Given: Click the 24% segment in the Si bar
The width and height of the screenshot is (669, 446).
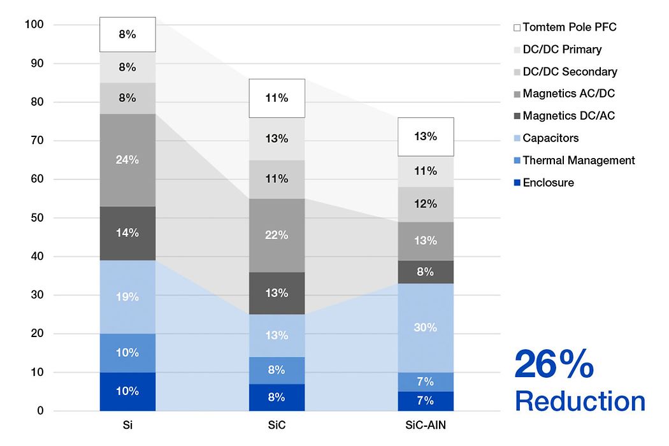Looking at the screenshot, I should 127,160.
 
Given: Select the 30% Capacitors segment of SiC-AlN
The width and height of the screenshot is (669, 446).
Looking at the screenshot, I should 425,327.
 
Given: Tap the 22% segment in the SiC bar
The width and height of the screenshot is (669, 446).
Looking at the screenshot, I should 277,235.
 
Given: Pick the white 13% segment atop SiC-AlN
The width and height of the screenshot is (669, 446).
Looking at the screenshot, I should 425,136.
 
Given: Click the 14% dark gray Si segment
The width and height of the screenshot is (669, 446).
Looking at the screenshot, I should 127,233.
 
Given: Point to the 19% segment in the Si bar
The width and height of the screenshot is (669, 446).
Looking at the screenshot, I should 127,296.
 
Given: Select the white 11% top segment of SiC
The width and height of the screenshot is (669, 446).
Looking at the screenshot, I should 277,98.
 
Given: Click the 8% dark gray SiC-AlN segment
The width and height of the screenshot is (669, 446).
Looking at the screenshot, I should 425,272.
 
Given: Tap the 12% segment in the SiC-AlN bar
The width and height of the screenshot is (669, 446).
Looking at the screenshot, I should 425,204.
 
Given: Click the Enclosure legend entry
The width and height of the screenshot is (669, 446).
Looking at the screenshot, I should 547,183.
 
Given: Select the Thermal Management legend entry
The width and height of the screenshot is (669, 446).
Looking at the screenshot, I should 578,161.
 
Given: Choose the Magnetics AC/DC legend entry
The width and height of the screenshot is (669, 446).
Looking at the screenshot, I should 568,94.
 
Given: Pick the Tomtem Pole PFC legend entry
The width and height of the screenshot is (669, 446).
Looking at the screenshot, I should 569,27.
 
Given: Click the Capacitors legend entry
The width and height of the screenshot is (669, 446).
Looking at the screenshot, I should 550,138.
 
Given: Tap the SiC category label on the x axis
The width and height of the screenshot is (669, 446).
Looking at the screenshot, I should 277,425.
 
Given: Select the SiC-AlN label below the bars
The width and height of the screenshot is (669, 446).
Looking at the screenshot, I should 425,425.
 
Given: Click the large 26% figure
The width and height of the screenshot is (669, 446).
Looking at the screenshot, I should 554,365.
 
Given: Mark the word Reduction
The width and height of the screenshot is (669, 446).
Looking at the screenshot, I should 580,401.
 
